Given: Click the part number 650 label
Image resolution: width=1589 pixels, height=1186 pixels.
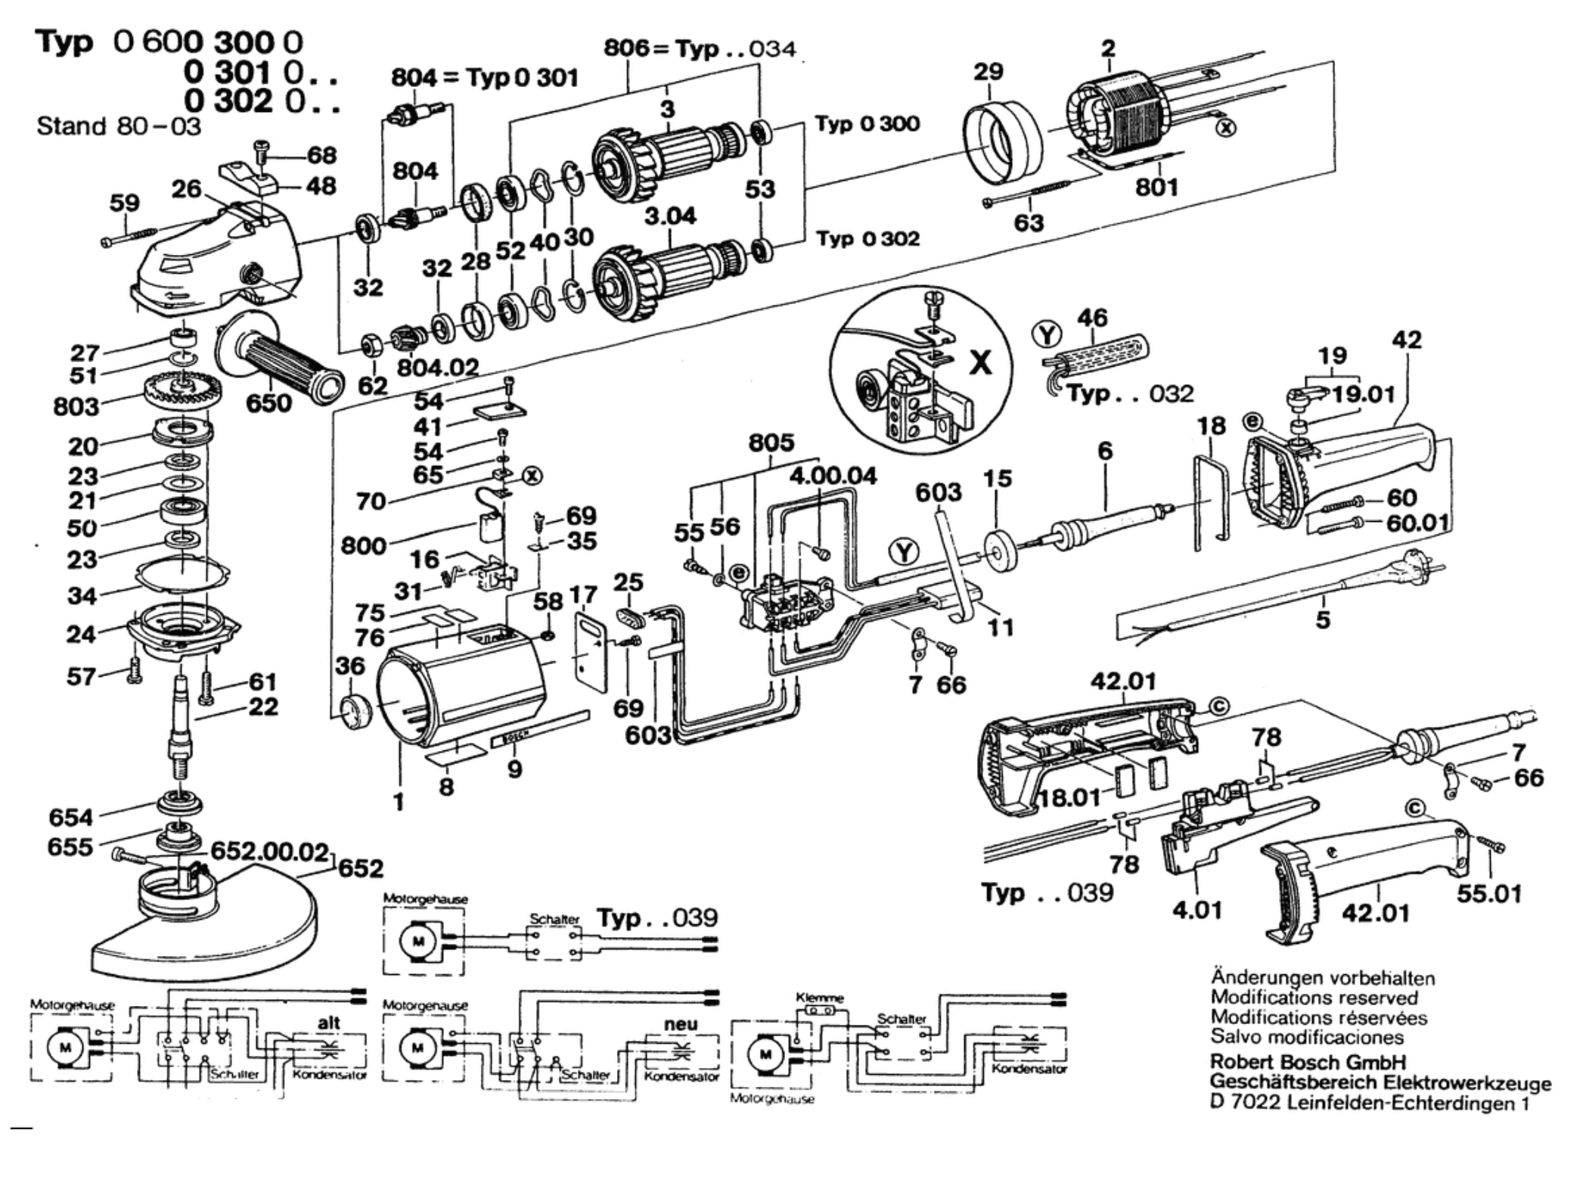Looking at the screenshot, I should pos(268,402).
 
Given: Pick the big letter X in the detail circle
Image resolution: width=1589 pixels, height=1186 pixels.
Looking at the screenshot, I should pos(980,363).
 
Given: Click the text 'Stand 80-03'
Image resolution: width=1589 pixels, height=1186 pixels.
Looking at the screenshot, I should pos(119,126).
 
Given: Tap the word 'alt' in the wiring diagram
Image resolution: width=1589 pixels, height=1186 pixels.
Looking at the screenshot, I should pos(329,1023).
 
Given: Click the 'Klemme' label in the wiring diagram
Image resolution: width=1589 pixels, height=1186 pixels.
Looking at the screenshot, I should pos(820,998).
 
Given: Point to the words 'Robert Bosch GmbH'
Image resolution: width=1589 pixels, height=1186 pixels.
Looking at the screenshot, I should pos(1308,1061).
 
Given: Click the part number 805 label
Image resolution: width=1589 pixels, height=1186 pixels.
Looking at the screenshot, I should pos(771,442).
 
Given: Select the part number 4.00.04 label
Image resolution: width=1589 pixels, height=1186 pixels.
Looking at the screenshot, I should pos(833,476).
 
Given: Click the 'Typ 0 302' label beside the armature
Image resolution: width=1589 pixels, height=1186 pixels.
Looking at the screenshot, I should pos(867,239).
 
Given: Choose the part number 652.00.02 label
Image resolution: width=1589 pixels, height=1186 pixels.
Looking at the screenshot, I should pos(269,851).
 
